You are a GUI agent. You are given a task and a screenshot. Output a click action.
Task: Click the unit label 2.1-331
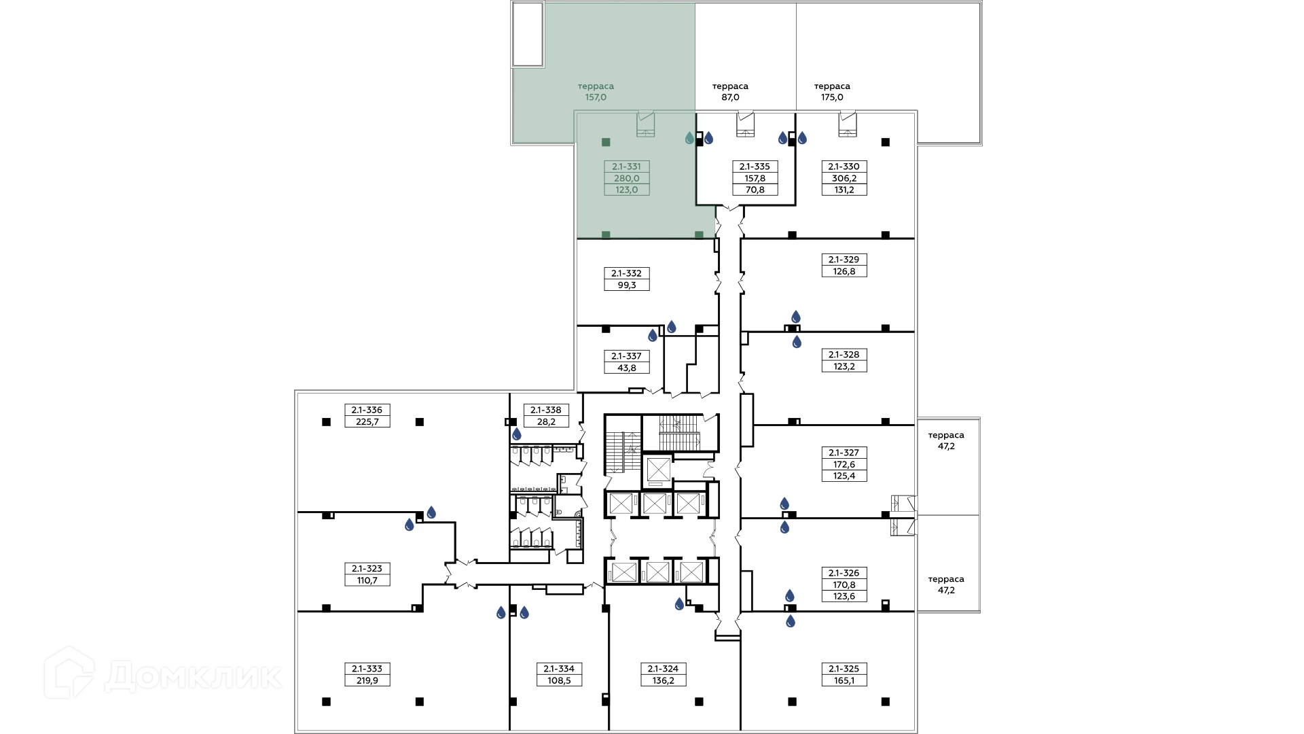626,167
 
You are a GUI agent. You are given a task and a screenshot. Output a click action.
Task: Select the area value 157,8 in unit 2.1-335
755,179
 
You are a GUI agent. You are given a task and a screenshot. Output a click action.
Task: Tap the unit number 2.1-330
844,167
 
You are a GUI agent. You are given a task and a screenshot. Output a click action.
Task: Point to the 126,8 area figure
844,271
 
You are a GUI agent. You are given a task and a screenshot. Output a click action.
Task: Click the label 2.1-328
844,355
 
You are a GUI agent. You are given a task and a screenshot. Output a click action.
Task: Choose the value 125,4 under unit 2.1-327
844,476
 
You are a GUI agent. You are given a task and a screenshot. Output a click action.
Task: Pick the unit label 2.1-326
844,573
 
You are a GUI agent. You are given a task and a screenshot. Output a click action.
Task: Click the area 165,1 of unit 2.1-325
844,680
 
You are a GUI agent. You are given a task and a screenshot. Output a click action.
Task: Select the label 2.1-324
663,669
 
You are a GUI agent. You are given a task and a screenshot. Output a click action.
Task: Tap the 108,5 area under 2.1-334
559,680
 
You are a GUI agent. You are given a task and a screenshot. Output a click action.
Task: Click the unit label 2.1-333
367,669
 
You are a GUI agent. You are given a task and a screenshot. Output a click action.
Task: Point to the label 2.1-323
367,569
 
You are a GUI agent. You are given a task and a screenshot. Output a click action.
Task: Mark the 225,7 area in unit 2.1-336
367,421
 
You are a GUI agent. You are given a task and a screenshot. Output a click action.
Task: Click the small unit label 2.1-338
546,410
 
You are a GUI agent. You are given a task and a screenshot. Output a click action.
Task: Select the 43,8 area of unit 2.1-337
626,368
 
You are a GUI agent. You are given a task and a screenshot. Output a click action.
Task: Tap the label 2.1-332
626,274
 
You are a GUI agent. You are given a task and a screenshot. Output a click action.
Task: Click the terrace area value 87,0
730,97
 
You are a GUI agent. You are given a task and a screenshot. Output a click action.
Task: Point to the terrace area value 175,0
832,97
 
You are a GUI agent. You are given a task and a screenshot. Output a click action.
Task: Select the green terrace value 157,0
596,97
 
